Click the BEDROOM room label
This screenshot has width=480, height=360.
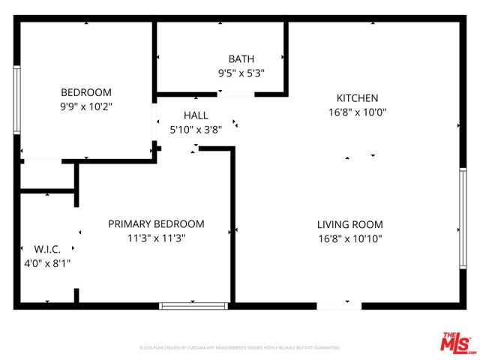(x=86, y=92)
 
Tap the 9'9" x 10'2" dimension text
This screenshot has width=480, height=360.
(x=86, y=106)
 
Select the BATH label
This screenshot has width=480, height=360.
(x=241, y=59)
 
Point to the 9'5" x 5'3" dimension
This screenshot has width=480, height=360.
(x=241, y=73)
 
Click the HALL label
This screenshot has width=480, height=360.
(x=196, y=115)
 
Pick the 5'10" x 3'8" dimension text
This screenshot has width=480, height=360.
(x=196, y=129)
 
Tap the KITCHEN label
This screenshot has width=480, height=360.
(x=357, y=98)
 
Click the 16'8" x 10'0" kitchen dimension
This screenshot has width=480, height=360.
(x=357, y=112)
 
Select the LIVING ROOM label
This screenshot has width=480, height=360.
(x=350, y=224)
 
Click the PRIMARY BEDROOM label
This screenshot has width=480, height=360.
(x=156, y=223)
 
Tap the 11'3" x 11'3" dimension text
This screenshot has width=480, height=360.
(x=156, y=238)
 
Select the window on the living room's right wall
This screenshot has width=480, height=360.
(x=462, y=218)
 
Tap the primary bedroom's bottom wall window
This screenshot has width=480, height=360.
(x=193, y=305)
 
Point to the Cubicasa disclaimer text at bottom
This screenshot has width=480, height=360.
(x=240, y=348)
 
